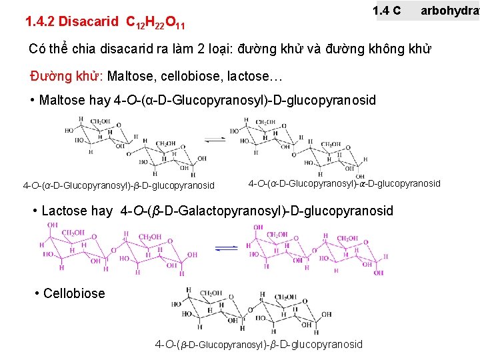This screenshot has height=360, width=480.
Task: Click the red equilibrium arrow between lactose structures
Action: [x=227, y=247]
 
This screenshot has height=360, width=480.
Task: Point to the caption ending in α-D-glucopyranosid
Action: [x=344, y=183]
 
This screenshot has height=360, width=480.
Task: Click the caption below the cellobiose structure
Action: [x=259, y=344]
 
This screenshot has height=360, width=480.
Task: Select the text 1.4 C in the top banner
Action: [x=387, y=11]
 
